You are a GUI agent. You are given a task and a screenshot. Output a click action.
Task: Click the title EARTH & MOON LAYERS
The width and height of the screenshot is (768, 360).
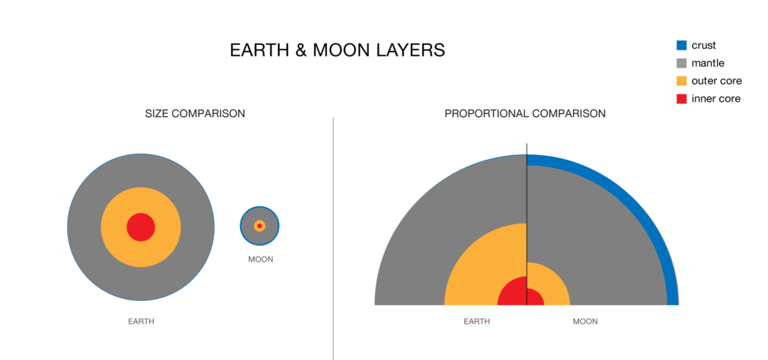pos(337,50)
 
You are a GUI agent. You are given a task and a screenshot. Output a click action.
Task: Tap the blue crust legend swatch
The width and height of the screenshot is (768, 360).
pos(681,45)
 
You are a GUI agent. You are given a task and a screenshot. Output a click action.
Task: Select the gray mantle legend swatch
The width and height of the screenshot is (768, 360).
pos(681,63)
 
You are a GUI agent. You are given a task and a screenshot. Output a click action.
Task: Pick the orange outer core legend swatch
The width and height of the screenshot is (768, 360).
pos(681,81)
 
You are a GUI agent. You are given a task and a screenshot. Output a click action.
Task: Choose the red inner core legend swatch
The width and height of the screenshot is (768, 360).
pos(681,99)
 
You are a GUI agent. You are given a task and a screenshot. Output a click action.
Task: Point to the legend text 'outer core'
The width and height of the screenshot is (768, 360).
pos(715,81)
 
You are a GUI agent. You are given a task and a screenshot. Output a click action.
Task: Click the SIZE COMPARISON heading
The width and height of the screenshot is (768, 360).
pos(195,114)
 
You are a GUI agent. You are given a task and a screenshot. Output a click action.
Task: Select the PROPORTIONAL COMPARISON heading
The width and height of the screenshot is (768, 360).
pos(525,114)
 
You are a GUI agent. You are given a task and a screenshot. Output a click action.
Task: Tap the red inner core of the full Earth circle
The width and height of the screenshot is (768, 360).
pos(141,226)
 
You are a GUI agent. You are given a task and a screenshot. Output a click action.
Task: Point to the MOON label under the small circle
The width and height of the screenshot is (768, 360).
pos(260,259)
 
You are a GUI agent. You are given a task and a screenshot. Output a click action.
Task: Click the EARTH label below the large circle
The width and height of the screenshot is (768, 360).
pos(141,322)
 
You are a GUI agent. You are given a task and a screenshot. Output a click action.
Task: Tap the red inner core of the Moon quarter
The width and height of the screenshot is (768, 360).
pos(534,298)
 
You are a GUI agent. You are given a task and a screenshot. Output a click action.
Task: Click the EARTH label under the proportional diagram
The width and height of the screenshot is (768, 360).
pos(477,322)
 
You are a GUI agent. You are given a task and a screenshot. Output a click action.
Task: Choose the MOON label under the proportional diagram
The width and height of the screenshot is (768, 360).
pos(585,322)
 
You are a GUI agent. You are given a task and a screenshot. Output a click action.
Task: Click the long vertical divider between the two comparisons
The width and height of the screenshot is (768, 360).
pos(333,240)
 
